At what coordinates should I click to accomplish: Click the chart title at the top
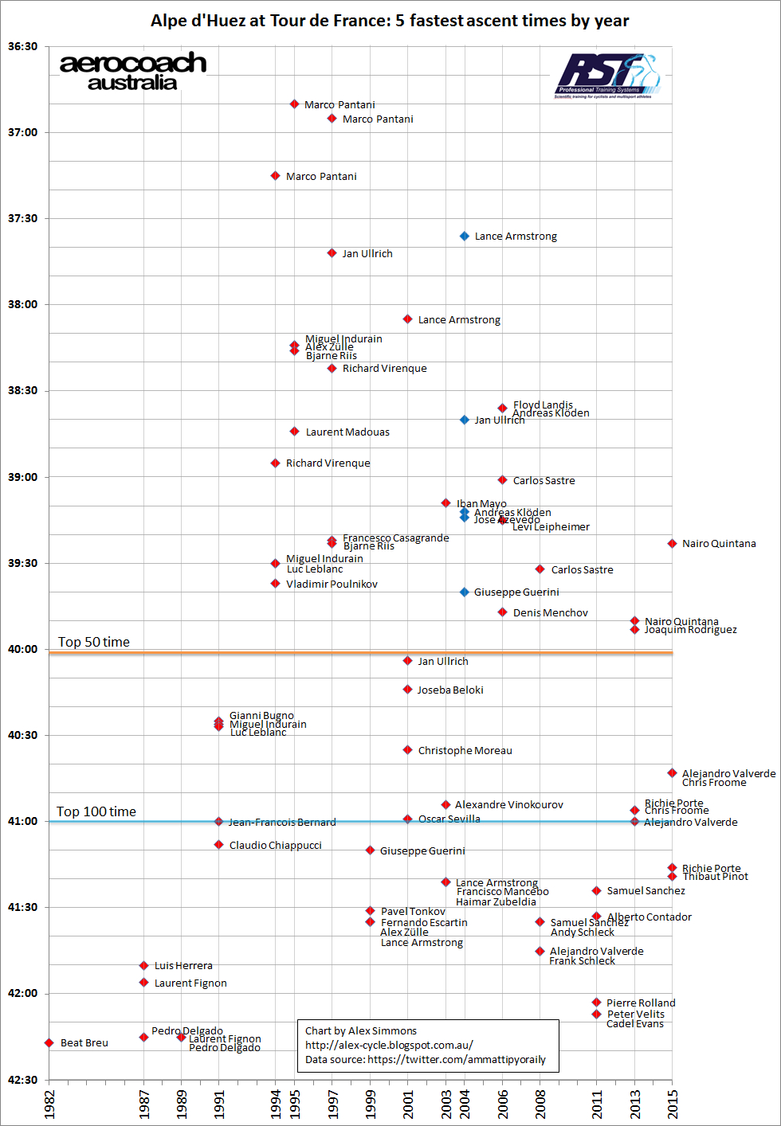[x=390, y=21]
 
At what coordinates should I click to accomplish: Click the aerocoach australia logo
[x=133, y=72]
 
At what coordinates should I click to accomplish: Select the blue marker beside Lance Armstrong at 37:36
[x=465, y=237]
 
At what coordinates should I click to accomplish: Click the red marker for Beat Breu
[x=49, y=1042]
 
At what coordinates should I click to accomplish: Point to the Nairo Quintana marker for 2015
[x=673, y=544]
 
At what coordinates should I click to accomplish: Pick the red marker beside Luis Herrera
[x=144, y=966]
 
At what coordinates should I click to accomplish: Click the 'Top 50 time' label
[x=94, y=642]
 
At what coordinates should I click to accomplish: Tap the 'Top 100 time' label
[x=96, y=811]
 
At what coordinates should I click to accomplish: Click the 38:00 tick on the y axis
[x=23, y=304]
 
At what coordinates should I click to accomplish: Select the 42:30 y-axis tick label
[x=23, y=1080]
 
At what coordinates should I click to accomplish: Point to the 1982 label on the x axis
[x=49, y=1105]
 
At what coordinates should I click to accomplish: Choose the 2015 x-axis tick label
[x=673, y=1105]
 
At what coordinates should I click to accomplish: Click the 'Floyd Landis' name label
[x=543, y=405]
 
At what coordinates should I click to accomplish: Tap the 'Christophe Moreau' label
[x=465, y=750]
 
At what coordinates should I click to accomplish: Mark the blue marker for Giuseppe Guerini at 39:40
[x=465, y=592]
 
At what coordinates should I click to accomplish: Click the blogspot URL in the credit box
[x=389, y=1045]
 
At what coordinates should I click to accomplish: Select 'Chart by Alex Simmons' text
[x=361, y=1030]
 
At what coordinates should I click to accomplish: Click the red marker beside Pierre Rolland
[x=596, y=1003]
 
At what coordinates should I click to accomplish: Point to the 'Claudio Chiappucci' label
[x=275, y=845]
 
